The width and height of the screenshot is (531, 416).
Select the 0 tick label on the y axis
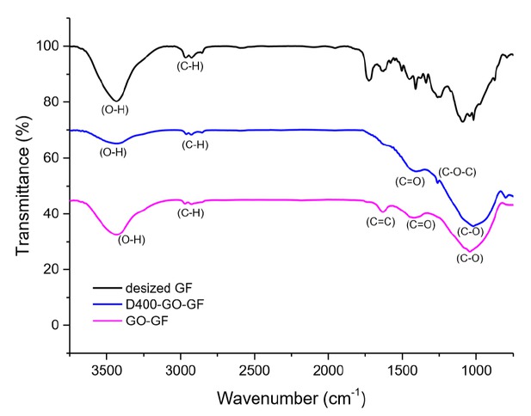pos(56,325)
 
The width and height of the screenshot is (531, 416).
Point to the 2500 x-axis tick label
pos(254,370)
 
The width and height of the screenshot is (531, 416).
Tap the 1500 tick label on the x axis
pos(402,370)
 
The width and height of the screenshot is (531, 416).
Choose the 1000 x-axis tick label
pos(475,370)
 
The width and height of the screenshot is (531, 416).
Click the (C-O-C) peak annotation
pos(457,173)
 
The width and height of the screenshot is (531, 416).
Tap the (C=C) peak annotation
pos(380,223)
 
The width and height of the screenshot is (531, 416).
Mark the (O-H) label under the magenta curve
pos(131,240)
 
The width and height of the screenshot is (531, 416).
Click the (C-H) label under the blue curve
pos(195,144)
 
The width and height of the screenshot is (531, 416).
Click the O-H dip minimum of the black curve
pos(118,100)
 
